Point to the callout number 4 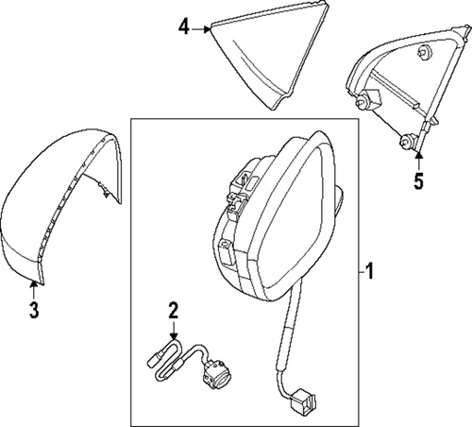pos(184,28)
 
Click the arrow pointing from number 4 pos(202,29)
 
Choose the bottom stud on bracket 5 pos(408,143)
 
